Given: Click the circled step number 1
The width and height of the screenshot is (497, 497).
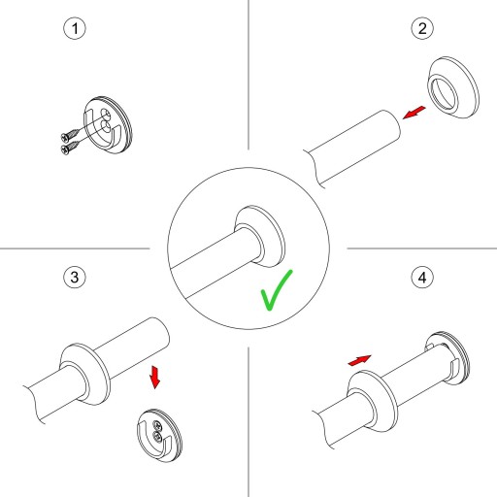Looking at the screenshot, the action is coord(75,28).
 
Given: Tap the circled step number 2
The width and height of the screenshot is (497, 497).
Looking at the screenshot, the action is coord(422,28).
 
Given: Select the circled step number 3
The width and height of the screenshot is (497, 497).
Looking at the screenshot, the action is coord(75,277).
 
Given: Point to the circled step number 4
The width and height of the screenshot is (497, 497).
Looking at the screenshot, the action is coord(422,278).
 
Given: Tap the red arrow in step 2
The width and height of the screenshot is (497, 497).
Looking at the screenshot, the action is coord(414,113).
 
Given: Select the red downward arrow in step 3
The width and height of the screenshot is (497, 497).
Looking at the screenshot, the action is coord(154,377).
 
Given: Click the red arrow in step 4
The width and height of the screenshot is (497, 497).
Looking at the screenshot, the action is coord(359,360).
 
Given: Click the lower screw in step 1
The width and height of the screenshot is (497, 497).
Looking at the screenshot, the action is coord(70,147).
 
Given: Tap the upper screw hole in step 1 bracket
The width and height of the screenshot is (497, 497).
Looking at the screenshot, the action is coord(105,114).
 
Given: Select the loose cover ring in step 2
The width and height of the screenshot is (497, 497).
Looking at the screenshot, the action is coord(453,87).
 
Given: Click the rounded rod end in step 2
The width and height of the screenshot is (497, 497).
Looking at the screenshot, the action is coord(391,125).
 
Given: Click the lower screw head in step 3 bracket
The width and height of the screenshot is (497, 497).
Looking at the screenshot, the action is coord(157,437).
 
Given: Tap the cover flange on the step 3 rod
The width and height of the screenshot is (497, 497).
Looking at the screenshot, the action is coord(84,374).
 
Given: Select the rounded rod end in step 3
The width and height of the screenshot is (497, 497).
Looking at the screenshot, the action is coord(160,333).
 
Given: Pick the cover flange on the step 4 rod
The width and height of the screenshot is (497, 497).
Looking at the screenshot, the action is coord(373,402).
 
